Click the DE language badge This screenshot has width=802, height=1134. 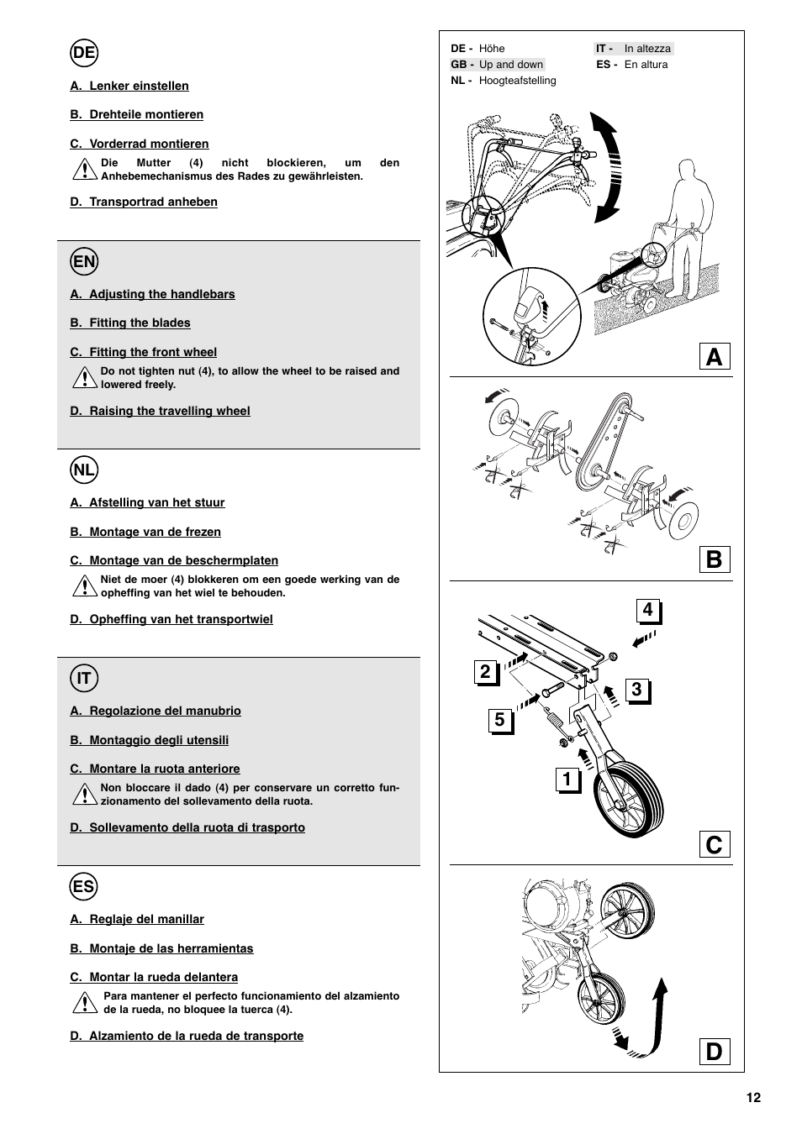84,54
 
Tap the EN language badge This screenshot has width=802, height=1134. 84,262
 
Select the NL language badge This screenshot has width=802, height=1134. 84,470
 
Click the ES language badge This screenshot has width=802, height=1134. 84,887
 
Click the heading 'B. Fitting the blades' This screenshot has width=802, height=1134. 130,323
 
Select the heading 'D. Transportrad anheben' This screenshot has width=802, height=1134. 144,202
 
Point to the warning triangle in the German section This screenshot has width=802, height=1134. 84,170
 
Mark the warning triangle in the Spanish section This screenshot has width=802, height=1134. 84,1003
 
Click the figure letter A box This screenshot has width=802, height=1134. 714,357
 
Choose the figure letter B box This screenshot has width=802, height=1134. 714,559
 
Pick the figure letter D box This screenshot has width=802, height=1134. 714,1052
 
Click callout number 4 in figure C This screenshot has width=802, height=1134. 648,611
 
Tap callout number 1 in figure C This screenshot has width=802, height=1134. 567,780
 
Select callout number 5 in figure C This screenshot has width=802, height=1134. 500,720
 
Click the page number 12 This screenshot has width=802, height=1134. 752,1098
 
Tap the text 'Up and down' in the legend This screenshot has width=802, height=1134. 511,65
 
